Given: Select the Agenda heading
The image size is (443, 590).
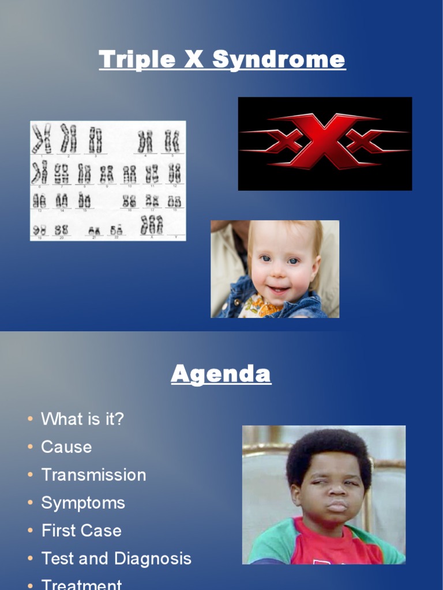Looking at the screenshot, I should click(221, 375).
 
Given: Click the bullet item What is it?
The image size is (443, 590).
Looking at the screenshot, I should click(82, 419).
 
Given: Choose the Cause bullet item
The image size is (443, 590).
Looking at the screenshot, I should click(66, 447).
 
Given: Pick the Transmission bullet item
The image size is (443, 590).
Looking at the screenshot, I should click(93, 475).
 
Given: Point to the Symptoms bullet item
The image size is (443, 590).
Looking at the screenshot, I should click(83, 502).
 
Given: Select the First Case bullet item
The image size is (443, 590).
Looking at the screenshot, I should click(81, 530).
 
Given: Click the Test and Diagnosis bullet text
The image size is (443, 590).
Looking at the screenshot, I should click(116, 558).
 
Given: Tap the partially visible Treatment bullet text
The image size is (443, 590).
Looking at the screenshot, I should click(81, 584).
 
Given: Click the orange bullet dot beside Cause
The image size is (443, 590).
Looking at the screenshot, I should click(30, 447).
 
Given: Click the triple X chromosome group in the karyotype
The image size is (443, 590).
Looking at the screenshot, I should click(152, 225).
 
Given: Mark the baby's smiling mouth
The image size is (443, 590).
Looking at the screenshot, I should click(280, 289).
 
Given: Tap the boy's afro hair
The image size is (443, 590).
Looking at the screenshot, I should click(329, 449).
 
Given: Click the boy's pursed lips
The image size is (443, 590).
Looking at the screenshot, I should click(337, 506).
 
